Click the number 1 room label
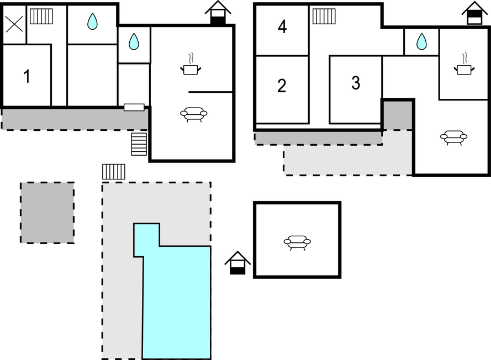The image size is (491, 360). coord(27,77)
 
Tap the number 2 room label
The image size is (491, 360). coord(282,86)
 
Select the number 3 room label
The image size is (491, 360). coord(356,83)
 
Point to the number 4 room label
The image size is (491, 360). coord(282,28)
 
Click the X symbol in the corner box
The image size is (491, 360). coord(14,23)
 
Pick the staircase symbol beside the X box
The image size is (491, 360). coord(40,17)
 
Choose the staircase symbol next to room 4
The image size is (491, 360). coord(324,17)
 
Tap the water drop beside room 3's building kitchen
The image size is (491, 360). coord(421,41)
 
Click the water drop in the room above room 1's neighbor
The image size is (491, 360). coord(92,22)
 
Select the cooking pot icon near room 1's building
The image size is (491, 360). coord(191,67)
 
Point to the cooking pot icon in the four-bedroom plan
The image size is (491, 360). coord(464,67)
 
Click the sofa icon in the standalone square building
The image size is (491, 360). coord(297,242)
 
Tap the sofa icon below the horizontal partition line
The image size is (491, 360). coord(193,114)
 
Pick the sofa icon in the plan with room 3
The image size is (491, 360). coord(453,137)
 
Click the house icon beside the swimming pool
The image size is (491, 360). coord(237,263)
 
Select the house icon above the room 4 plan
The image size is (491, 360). coord(474,13)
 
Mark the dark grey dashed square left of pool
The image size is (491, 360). coord(47,213)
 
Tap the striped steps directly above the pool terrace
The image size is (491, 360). coord(113,171)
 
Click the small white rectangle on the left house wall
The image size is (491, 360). coord(134,107)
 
